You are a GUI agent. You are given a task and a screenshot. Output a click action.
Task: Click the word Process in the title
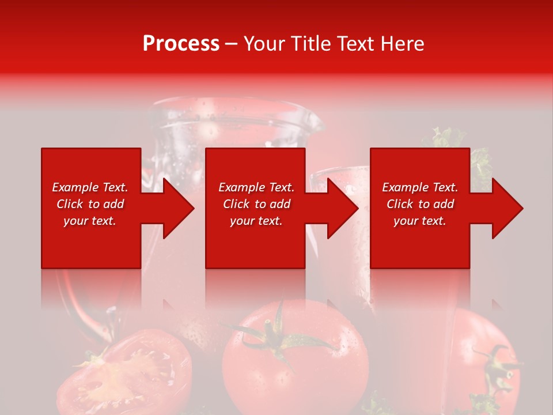[181, 44]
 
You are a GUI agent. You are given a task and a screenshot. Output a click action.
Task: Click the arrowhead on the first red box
[176, 208]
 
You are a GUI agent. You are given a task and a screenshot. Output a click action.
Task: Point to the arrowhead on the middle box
[340, 208]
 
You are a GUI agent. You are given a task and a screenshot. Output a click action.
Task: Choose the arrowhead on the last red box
[505, 208]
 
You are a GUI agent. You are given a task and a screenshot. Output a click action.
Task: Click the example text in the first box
[90, 204]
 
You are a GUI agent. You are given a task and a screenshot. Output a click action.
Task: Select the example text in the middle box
[256, 204]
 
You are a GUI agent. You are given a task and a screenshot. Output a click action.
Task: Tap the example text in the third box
[420, 204]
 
